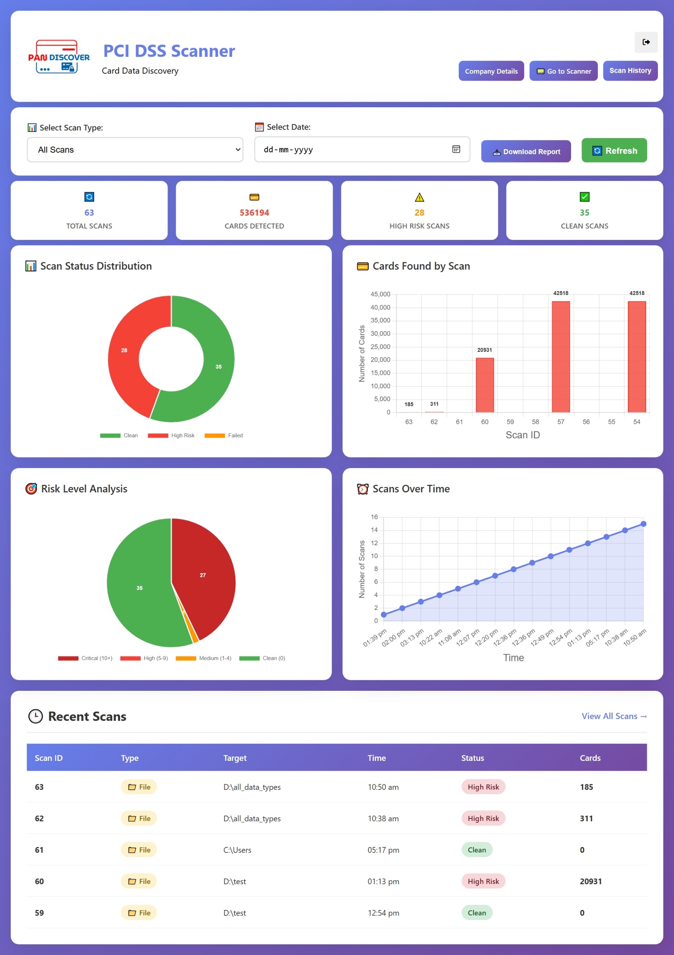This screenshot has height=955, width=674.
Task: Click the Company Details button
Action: pos(491,71)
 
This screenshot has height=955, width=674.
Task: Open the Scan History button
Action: pos(630,71)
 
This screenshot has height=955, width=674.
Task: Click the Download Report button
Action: pos(526,151)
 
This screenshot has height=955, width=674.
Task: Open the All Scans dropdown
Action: pos(135,150)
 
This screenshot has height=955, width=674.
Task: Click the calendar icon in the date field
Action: pos(456,150)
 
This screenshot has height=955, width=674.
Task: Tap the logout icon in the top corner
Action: pos(646,42)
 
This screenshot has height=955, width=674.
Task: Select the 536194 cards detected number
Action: pos(254,213)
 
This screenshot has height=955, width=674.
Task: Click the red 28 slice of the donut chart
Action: pos(124,350)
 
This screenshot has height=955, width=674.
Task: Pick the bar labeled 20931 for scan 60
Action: pos(485,385)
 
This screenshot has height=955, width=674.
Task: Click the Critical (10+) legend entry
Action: pos(85,658)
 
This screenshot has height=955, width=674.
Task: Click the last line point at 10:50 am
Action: pos(643,524)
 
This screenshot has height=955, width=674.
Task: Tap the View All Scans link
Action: pos(614,716)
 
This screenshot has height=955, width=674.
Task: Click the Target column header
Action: pos(235,758)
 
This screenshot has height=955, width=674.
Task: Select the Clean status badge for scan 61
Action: pos(476,850)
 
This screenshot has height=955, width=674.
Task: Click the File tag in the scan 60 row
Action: pos(139,881)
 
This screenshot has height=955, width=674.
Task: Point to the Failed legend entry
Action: pos(224,436)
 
